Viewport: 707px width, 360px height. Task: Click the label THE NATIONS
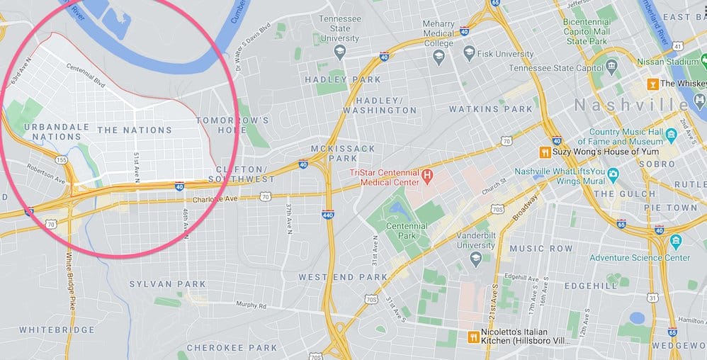coord(135,130)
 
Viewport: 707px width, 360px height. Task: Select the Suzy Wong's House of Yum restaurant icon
coord(545,152)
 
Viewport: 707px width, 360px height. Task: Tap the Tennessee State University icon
coord(339,52)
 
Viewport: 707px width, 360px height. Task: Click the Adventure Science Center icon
coord(676,242)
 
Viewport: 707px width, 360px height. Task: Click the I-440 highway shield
coord(327,214)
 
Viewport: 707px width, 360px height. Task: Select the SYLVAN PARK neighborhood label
coord(167,284)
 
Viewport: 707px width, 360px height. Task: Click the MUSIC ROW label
coord(541,249)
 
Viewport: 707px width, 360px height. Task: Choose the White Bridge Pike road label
coord(70,274)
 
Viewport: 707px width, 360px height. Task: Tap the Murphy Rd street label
coord(251,305)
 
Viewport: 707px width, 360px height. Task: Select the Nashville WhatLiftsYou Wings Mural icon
coord(613,174)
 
